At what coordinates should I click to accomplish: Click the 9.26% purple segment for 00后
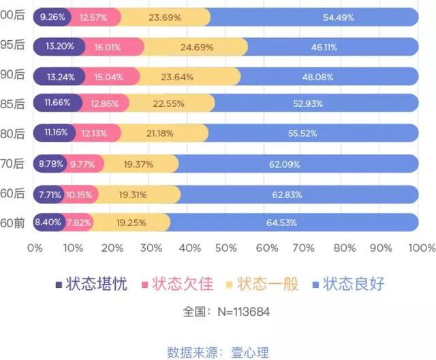pyautogui.click(x=52, y=17)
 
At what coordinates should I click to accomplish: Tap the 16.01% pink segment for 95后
pyautogui.click(x=114, y=47)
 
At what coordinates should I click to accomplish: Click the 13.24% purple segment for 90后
pyautogui.click(x=58, y=76)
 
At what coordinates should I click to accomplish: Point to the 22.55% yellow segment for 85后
pyautogui.click(x=170, y=104)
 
